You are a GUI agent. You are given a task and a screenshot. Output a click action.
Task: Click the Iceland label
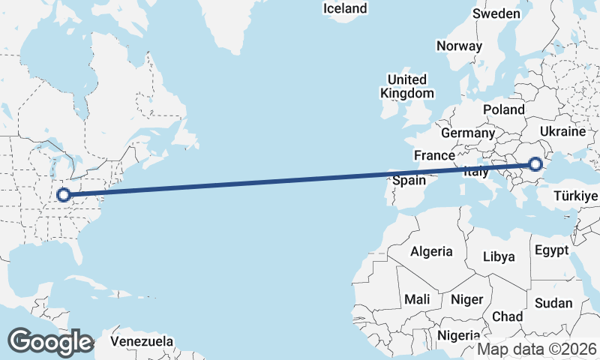(x=345, y=9)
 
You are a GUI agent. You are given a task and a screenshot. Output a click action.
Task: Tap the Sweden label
(x=496, y=13)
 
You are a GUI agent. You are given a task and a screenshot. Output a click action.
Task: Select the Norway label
(x=459, y=46)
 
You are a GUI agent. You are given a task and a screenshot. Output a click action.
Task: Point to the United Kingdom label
(x=407, y=86)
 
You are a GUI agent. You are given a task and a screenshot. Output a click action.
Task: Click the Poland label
(x=504, y=109)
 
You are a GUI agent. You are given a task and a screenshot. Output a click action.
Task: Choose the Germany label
(x=468, y=133)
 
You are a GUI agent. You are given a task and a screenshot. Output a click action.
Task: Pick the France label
(x=435, y=155)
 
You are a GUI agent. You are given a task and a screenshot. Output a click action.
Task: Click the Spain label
(x=409, y=181)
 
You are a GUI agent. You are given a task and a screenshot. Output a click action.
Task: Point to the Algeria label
(x=431, y=251)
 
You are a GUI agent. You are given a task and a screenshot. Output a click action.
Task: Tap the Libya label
(x=499, y=256)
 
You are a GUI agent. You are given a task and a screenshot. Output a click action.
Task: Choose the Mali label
(x=417, y=299)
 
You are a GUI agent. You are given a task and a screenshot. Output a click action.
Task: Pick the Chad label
(x=508, y=316)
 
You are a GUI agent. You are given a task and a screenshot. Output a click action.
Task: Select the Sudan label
(x=553, y=304)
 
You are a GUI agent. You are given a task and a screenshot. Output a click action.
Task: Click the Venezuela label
(x=142, y=341)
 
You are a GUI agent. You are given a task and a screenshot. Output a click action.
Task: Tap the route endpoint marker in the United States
(x=64, y=195)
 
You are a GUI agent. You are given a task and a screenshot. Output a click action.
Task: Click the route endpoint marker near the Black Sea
(x=535, y=164)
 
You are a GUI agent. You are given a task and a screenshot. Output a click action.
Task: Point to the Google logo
(x=50, y=342)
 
